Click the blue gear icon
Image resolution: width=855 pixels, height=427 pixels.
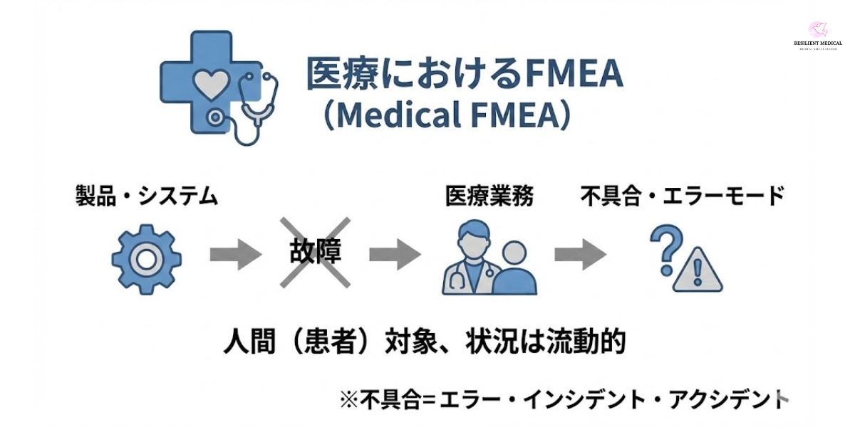point(146,259)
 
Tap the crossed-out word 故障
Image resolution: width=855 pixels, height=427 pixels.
point(314,253)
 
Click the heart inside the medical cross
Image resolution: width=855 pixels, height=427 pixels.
point(212,85)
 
